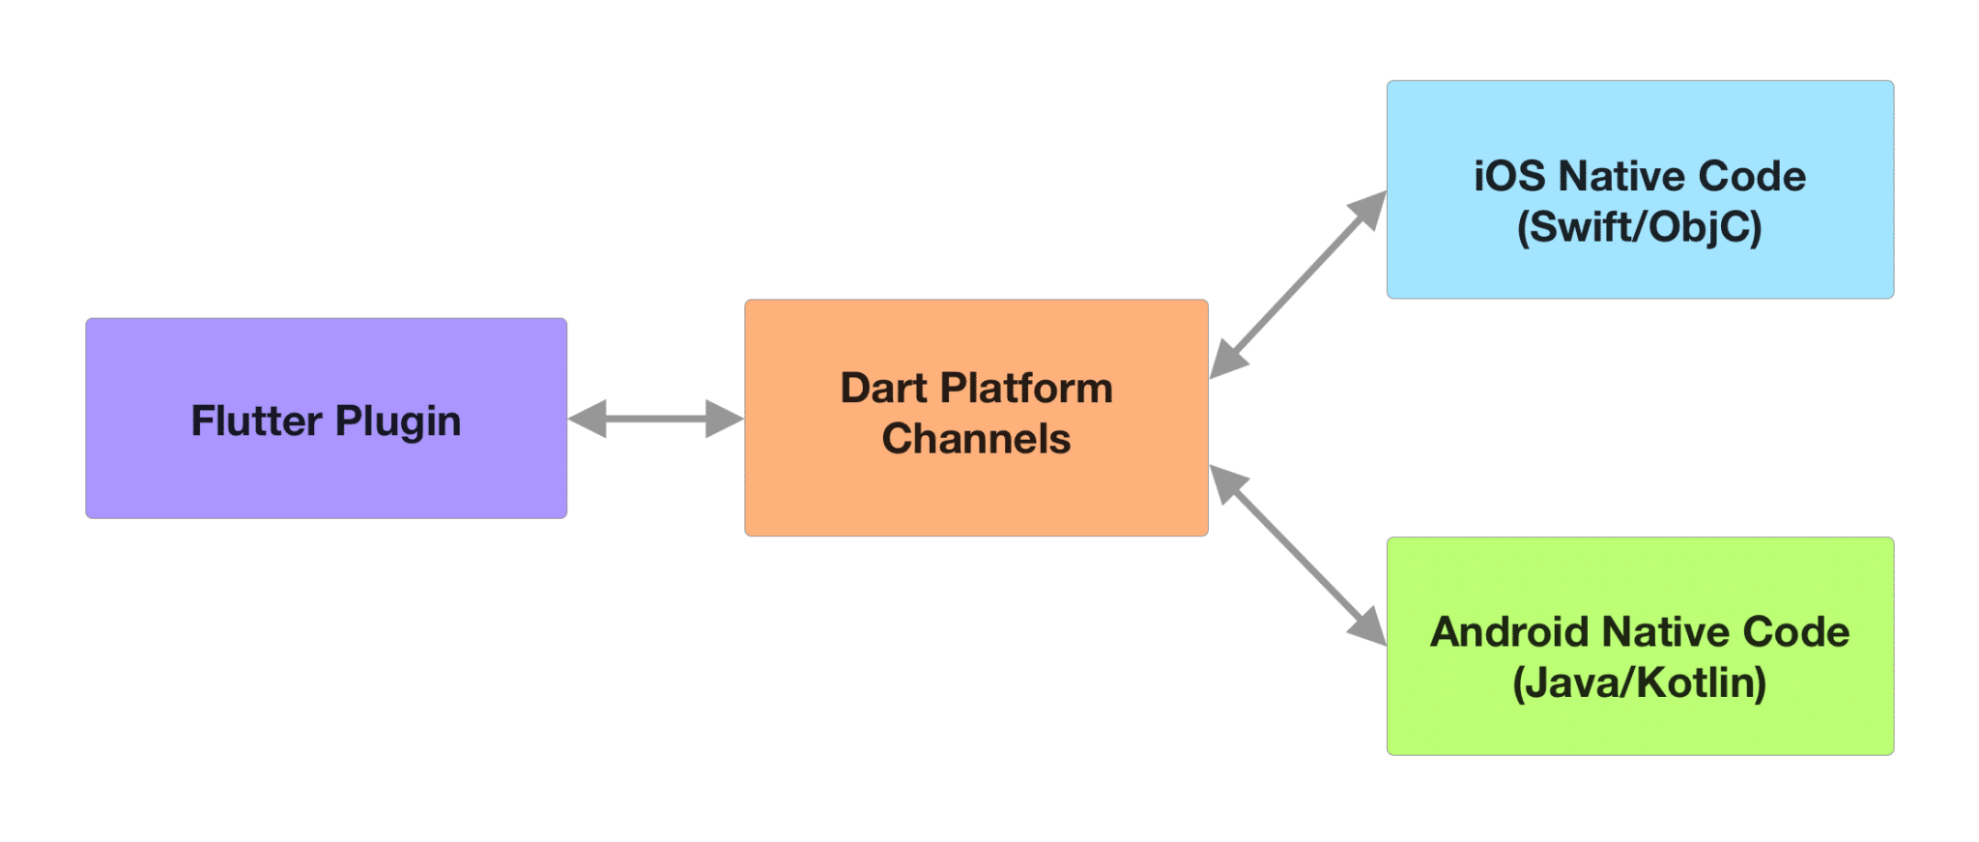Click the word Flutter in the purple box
256,421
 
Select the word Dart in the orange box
883,388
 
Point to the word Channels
976,439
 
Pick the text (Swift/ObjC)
1640,227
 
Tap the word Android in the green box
1509,632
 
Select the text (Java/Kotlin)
1640,683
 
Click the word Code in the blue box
1752,176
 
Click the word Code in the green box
1796,632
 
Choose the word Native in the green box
1665,632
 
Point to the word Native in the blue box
1621,176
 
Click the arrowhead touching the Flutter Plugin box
588,419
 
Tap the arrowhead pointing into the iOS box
1368,210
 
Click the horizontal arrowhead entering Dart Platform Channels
725,419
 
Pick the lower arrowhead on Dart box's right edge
1228,484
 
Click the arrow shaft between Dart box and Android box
1298,555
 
